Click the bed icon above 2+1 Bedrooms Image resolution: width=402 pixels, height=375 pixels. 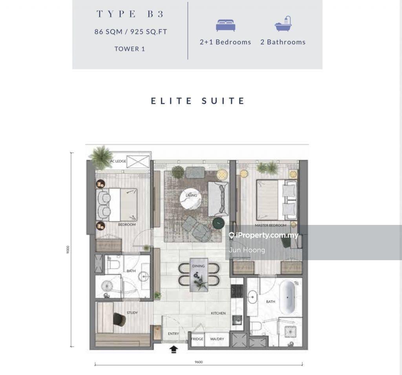coord(226,25)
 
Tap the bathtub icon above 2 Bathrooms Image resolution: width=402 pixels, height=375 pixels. coord(283,24)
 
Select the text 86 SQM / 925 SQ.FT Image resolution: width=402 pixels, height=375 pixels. coord(131,32)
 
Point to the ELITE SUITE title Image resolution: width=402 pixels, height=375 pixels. coord(198,101)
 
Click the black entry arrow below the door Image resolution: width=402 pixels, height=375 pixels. coord(174,349)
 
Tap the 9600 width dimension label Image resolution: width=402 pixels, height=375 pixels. coord(199,362)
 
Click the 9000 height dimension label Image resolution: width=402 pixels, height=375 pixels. coord(68,250)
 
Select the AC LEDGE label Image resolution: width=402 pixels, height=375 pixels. coord(118,161)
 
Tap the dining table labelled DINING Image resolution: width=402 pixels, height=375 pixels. coord(199,275)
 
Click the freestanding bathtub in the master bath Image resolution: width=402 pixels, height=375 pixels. coord(287,297)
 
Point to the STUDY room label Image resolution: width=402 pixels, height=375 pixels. coord(132,313)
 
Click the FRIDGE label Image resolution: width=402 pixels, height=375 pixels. coord(197,339)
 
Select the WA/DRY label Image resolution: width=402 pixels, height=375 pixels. coord(217,339)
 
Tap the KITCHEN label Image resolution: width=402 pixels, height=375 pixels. coord(218,313)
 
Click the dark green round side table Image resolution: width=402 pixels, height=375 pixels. coord(218,223)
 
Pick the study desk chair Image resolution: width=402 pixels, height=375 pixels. coord(119,320)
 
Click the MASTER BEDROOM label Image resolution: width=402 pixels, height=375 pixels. coord(270,226)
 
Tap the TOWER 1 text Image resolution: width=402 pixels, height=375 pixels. coord(130,49)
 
